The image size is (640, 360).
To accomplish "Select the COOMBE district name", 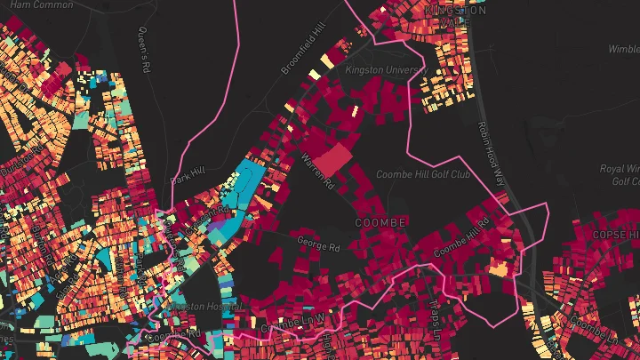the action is [380, 221].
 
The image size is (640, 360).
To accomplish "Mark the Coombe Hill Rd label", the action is [461, 236].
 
